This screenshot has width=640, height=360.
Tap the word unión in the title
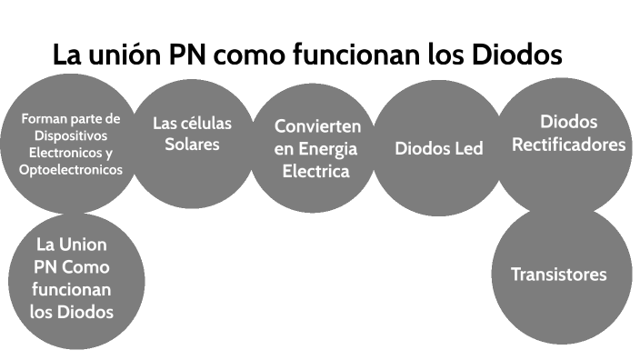[126, 55]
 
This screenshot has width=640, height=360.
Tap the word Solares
[192, 144]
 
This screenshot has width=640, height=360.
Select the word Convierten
[317, 126]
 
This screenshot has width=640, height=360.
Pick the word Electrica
[316, 171]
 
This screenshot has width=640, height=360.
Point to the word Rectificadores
[569, 144]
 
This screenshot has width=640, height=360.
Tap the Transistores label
[558, 275]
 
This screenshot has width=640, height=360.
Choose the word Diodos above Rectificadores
[569, 122]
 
